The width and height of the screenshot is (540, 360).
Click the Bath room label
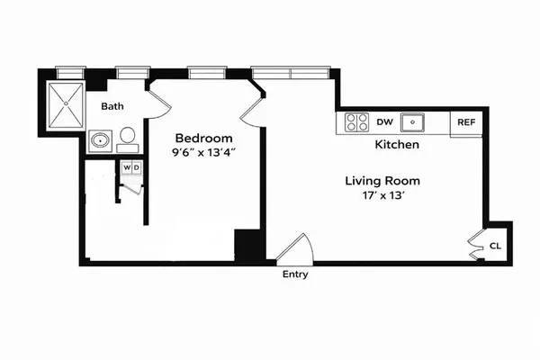point(112,106)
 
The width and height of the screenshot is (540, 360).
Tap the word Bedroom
point(204,138)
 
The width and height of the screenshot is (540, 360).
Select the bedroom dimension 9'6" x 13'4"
point(204,153)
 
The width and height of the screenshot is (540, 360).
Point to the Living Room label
point(382,180)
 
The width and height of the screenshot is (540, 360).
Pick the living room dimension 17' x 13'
point(382,195)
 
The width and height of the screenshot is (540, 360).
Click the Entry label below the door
point(294,274)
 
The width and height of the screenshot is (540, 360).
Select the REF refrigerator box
point(466,122)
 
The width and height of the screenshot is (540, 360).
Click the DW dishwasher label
point(384,121)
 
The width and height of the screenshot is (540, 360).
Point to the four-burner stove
point(356,122)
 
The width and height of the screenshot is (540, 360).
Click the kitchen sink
point(413,121)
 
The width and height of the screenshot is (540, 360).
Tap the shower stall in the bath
point(67,105)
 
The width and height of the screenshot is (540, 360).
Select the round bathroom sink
point(99,140)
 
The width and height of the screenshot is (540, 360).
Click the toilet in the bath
point(128,138)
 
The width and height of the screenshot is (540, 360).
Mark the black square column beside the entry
point(247,245)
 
